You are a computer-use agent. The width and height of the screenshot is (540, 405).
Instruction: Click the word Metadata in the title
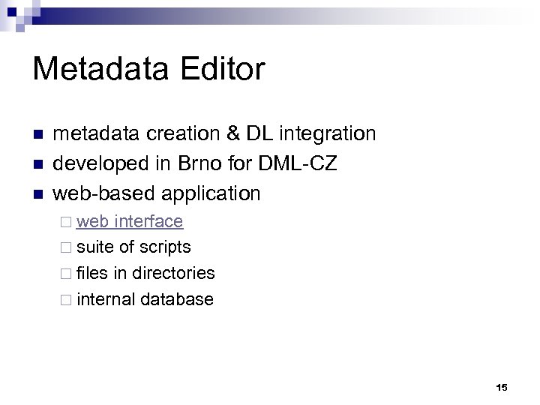(101, 70)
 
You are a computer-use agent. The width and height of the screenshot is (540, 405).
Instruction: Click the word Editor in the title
(222, 70)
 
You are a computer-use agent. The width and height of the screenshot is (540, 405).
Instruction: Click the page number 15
(502, 388)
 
